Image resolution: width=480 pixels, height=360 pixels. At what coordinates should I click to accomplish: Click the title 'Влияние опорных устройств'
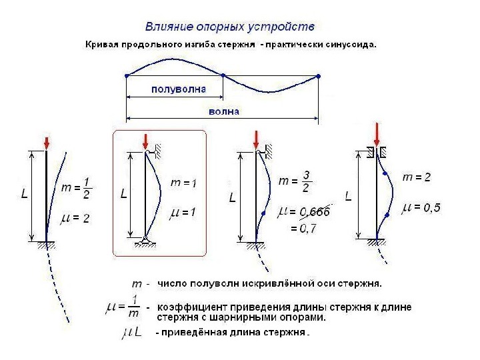click(230, 27)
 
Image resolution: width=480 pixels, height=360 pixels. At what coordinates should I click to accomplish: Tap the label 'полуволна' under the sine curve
click(179, 89)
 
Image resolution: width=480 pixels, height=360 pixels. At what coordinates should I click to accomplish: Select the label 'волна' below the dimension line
click(224, 111)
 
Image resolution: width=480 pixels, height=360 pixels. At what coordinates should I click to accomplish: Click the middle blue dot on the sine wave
click(223, 75)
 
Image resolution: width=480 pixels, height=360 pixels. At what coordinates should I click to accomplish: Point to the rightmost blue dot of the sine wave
click(319, 76)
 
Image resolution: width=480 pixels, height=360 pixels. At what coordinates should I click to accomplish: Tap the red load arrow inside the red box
click(145, 142)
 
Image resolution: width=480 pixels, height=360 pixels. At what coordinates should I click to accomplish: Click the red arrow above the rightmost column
click(378, 134)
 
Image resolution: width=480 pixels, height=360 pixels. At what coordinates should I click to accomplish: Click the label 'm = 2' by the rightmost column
click(417, 177)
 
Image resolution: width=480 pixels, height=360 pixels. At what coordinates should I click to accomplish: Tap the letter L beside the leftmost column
click(25, 195)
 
